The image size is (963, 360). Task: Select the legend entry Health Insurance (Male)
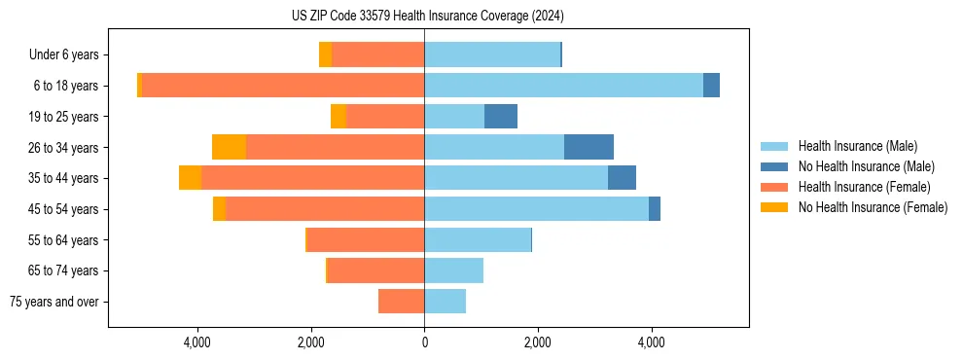pyautogui.click(x=857, y=146)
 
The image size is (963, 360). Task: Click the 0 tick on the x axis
pyautogui.click(x=424, y=342)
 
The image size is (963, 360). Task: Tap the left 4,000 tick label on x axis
pyautogui.click(x=197, y=342)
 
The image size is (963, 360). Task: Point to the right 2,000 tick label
pyautogui.click(x=537, y=342)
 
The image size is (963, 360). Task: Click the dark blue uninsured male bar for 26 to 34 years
pyautogui.click(x=588, y=147)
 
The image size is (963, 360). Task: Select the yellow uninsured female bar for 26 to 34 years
pyautogui.click(x=229, y=147)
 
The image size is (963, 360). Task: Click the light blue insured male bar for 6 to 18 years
pyautogui.click(x=563, y=86)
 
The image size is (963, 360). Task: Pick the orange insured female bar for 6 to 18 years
pyautogui.click(x=283, y=86)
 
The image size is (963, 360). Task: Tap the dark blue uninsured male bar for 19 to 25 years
pyautogui.click(x=501, y=117)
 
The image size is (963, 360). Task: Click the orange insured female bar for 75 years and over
pyautogui.click(x=401, y=302)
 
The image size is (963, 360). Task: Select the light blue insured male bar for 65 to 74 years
pyautogui.click(x=453, y=270)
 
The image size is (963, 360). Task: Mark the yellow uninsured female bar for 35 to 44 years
pyautogui.click(x=190, y=178)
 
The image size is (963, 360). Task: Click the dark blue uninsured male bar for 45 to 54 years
pyautogui.click(x=655, y=209)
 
